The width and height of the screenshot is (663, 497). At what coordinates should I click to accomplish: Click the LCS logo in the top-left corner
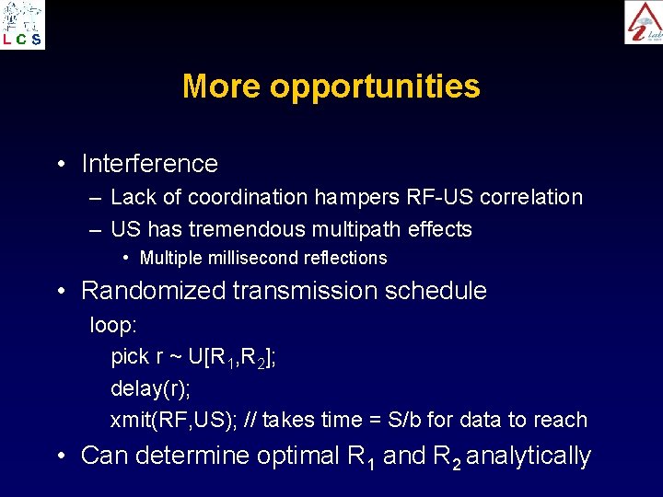23,25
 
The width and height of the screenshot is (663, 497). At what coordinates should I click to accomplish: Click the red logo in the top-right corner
643,22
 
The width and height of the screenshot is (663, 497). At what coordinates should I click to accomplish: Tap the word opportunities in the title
375,87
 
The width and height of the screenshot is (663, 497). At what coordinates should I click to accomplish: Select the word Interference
149,164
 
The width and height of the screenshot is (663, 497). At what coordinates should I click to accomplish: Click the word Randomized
153,291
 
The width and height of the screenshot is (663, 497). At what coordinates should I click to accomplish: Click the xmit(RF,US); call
174,420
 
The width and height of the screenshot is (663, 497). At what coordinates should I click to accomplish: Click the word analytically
529,456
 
